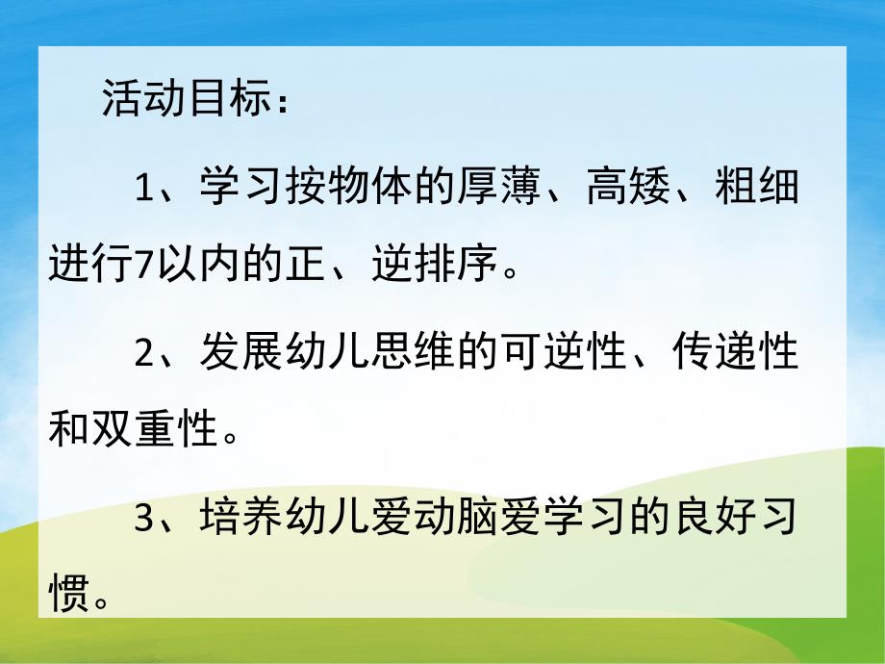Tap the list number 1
tap(145, 187)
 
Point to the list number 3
tap(145, 519)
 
